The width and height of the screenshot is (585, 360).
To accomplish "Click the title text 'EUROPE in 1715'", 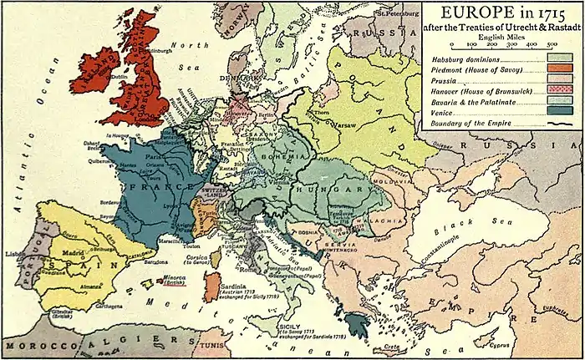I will coord(501,13).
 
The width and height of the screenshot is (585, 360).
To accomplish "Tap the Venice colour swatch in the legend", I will coord(559,110).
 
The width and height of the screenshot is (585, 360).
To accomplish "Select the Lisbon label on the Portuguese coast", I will coord(13,252).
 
